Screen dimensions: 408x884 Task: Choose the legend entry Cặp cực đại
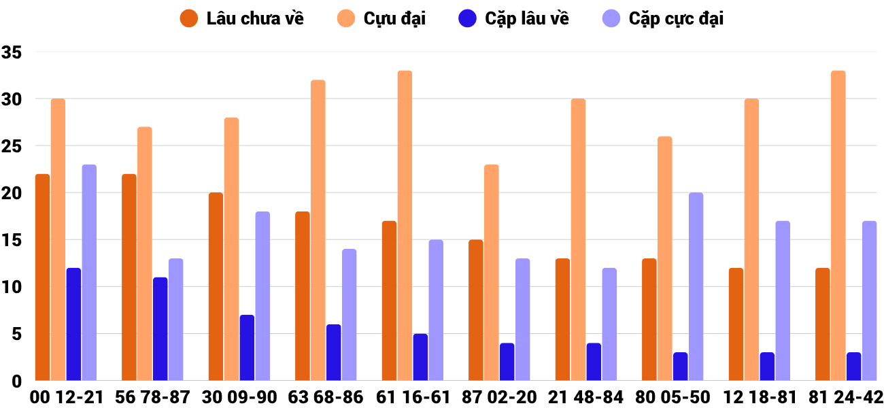pos(662,18)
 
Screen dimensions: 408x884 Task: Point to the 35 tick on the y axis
pos(12,52)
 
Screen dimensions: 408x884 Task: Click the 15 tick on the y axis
pos(12,240)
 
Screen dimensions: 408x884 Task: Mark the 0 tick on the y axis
pos(18,381)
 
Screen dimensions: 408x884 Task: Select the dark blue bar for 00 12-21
pos(73,324)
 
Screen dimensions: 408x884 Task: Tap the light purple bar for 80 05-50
pos(696,286)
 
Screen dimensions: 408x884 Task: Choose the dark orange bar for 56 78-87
pos(129,277)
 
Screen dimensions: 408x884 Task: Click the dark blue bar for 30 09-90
pos(247,347)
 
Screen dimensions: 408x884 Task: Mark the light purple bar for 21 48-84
pos(609,324)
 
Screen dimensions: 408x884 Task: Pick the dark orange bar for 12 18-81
pos(736,324)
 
